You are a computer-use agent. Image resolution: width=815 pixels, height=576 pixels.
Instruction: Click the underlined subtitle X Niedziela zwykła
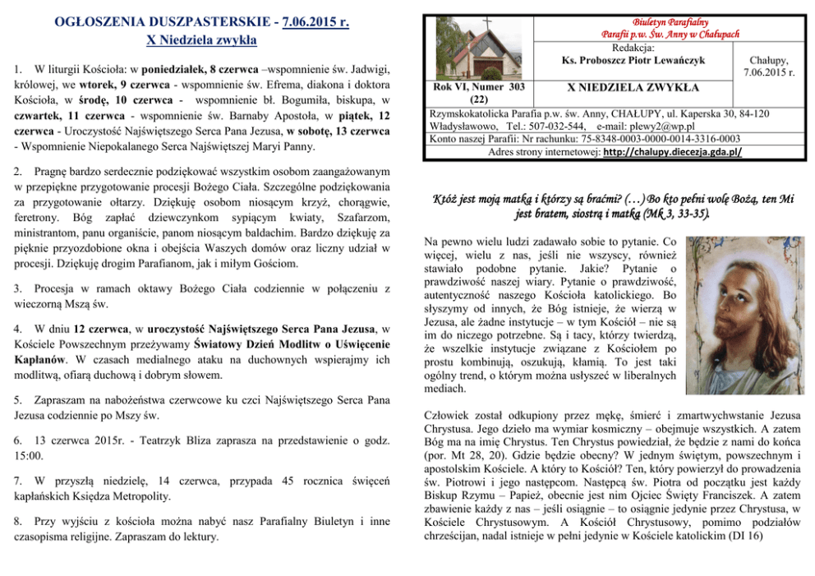201,39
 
